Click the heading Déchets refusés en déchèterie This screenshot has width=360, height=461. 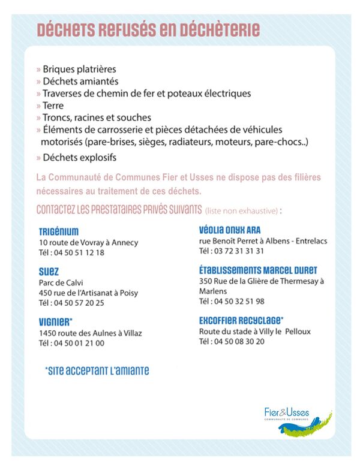pos(148,30)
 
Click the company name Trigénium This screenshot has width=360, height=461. pos(58,231)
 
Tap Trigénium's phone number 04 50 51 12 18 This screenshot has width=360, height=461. pos(71,252)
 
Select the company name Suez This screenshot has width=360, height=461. pos(49,272)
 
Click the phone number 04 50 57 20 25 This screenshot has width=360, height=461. pos(71,303)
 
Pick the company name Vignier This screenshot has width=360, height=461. pos(55,322)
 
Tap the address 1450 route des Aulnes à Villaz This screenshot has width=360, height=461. pos(90,333)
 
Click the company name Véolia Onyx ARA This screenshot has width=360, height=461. pos(229,230)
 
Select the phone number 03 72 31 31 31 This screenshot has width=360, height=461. pos(231,251)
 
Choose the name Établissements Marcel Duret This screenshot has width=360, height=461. pos(258,270)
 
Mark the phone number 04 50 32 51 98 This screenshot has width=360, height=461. pos(231,302)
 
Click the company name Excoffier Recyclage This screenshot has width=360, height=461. pos(241,320)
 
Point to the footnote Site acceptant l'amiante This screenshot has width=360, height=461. pos(97,371)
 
